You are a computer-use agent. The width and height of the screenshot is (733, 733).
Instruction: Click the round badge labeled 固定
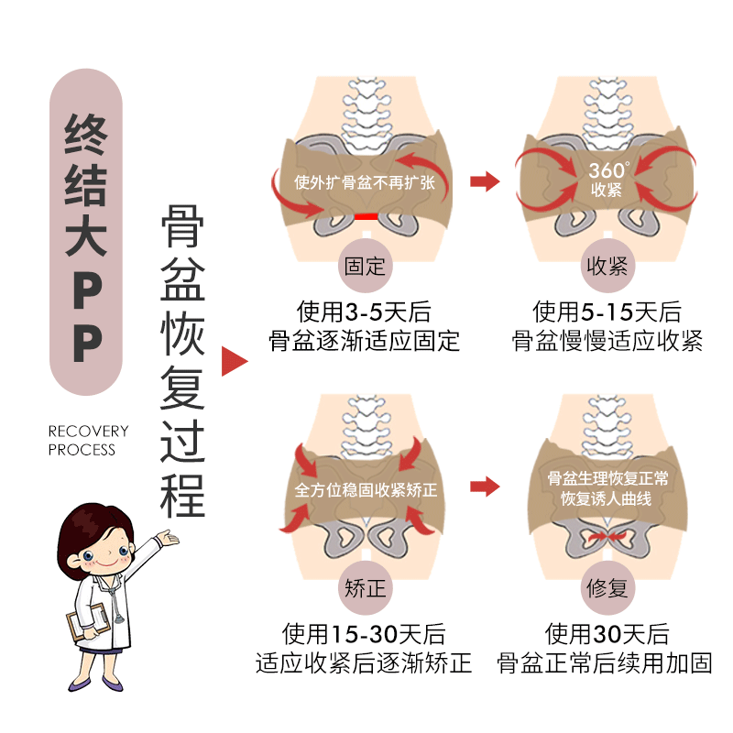(365, 267)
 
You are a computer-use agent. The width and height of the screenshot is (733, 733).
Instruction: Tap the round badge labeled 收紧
(605, 267)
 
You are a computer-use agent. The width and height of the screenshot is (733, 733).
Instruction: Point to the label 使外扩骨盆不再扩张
(365, 181)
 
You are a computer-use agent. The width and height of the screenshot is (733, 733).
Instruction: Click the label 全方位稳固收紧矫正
(366, 490)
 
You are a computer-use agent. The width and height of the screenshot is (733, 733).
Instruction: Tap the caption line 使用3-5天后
(364, 311)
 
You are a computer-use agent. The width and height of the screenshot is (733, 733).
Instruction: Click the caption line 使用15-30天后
(364, 633)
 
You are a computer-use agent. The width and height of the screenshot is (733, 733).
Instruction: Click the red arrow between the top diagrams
(485, 181)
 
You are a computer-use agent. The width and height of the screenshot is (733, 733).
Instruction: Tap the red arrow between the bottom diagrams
(485, 487)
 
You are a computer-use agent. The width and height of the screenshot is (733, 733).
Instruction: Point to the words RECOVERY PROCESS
(88, 440)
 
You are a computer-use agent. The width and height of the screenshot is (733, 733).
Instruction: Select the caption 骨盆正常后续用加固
(605, 662)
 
